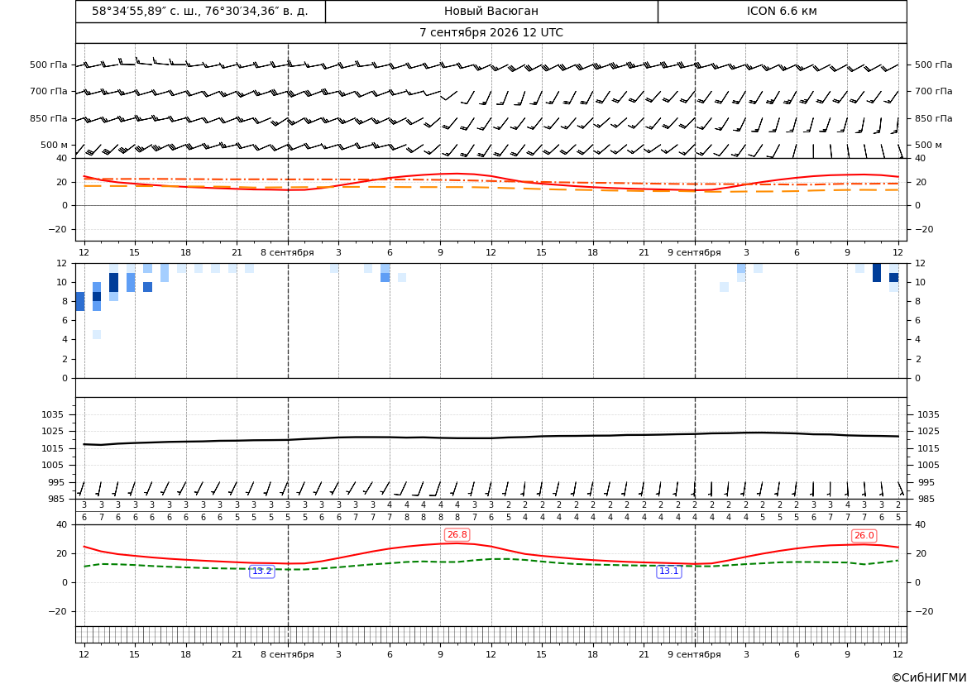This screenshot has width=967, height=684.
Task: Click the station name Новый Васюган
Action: (x=491, y=11)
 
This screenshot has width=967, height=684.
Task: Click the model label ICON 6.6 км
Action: (x=782, y=11)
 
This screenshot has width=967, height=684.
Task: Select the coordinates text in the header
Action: (x=200, y=11)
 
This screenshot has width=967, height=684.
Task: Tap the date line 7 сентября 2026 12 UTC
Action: (x=491, y=33)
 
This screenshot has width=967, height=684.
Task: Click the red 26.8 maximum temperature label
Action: (x=457, y=535)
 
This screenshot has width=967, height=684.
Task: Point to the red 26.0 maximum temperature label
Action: (x=864, y=535)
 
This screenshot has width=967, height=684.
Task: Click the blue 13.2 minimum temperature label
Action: (x=261, y=572)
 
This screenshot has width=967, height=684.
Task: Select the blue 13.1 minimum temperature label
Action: (x=668, y=572)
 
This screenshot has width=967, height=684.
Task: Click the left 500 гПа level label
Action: (x=49, y=65)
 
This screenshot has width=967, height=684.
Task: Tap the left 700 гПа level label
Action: (x=49, y=91)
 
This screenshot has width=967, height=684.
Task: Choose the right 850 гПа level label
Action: (x=934, y=118)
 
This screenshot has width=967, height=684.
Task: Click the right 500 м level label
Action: (x=929, y=145)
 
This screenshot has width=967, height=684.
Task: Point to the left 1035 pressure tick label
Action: (x=56, y=414)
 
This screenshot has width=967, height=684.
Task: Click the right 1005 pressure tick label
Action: (x=929, y=465)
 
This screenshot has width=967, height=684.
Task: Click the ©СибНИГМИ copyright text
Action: (x=929, y=678)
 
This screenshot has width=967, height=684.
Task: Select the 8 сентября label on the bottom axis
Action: (x=287, y=654)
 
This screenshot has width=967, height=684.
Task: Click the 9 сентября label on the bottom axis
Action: (x=694, y=654)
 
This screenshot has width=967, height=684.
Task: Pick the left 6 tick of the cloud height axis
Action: (x=65, y=320)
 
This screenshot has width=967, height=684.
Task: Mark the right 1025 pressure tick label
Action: (x=929, y=431)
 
